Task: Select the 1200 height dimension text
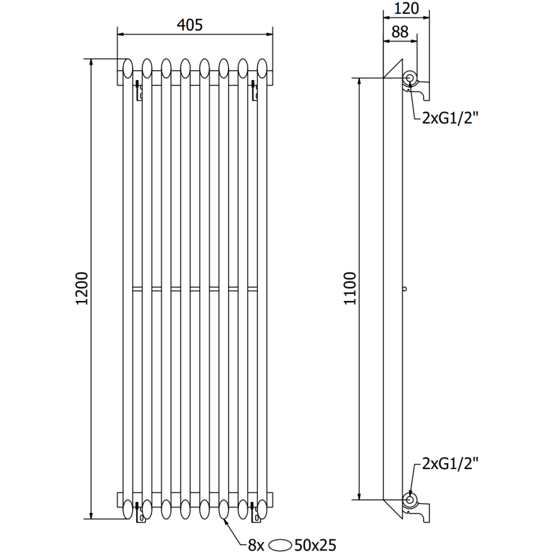pos(82,288)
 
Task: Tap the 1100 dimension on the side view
pos(350,288)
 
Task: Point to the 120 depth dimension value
pos(407,8)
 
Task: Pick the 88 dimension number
pos(400,31)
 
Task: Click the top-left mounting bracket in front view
pos(139,91)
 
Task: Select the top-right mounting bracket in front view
pos(253,91)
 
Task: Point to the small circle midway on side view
pos(404,288)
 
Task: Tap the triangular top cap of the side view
pos(392,69)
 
